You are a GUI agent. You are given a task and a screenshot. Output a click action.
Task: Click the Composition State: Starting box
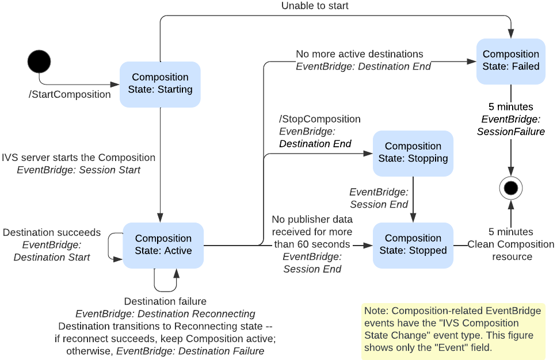coord(160,84)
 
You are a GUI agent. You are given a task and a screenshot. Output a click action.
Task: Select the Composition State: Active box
coord(163,245)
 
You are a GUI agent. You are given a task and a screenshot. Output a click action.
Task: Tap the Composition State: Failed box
coord(511,60)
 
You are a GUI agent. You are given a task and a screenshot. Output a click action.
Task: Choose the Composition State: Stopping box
coord(413,153)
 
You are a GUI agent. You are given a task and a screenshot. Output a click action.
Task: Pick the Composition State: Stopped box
coord(413,245)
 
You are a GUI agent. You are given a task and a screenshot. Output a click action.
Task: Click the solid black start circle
coord(39,61)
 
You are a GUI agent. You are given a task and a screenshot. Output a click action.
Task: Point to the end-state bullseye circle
coord(510,187)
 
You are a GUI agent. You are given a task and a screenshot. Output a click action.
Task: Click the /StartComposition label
coord(70,94)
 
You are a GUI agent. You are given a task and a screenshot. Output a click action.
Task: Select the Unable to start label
coord(315,6)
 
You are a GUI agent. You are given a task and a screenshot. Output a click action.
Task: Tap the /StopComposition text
coord(319,119)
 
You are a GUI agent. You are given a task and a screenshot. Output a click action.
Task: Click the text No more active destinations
coord(359,54)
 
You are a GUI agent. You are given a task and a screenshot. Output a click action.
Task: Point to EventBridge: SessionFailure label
coord(511,125)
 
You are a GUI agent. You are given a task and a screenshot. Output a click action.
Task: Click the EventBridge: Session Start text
coord(78,170)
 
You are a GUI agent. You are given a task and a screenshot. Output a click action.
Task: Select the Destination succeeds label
coord(52,233)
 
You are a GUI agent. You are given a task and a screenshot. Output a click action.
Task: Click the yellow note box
coord(453,331)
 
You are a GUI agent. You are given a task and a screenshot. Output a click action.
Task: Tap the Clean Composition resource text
coord(511,250)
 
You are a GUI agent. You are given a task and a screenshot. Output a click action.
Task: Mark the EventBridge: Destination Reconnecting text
coord(165,314)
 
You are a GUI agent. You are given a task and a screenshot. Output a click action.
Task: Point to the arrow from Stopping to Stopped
coord(413,199)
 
